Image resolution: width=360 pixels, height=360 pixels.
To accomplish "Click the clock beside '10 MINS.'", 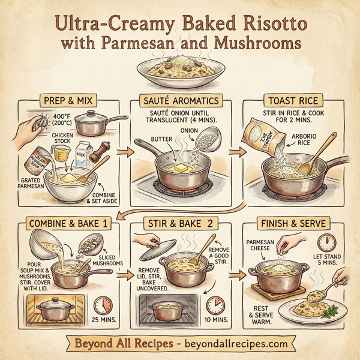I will tap(214, 306).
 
